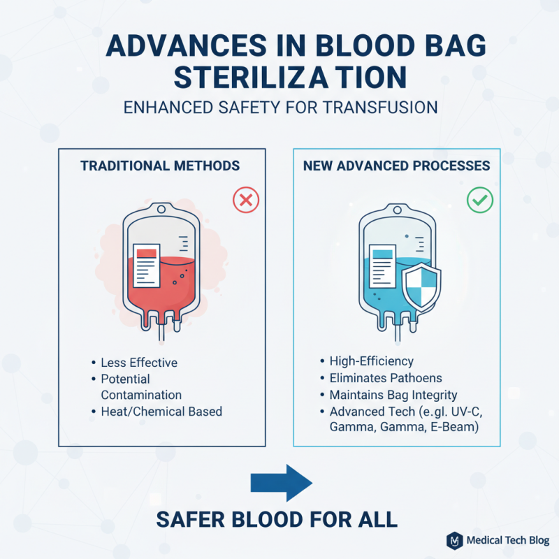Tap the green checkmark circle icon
[x=479, y=201]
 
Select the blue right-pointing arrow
[x=280, y=482]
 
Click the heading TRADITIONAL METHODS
[x=160, y=166]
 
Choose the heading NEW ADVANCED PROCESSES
[x=396, y=166]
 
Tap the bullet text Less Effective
[x=139, y=363]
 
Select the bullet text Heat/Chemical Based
[x=161, y=412]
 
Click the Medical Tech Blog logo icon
[x=454, y=540]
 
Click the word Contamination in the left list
[x=142, y=395]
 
